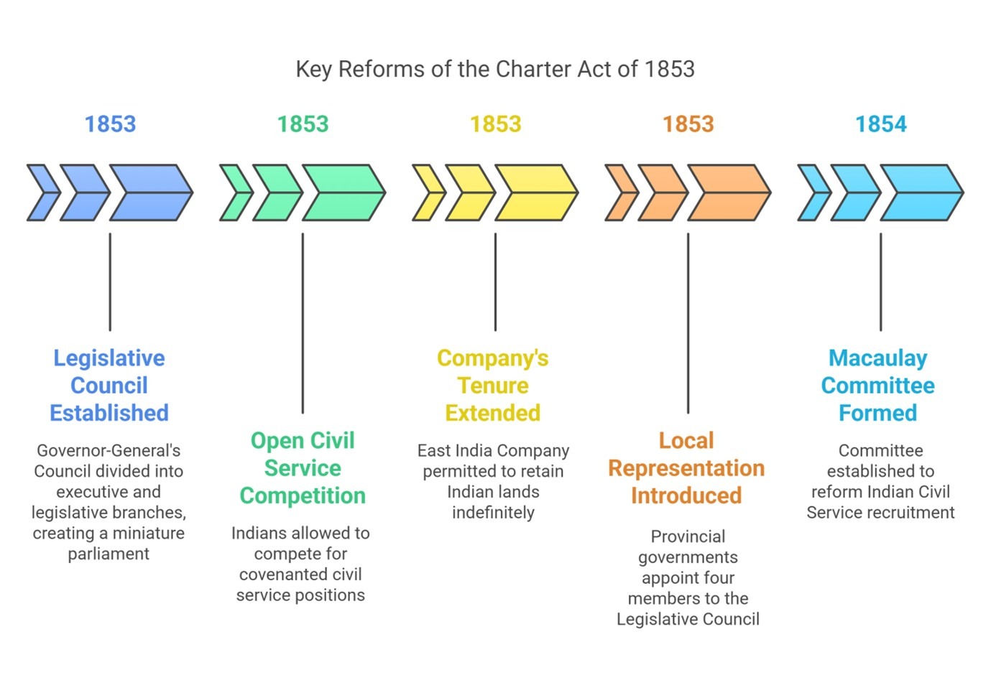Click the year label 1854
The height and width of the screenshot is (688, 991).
pyautogui.click(x=881, y=124)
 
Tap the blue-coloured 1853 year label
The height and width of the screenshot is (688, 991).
pyautogui.click(x=110, y=124)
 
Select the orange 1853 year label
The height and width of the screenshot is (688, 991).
pyautogui.click(x=688, y=124)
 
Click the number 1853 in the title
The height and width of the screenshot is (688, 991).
pyautogui.click(x=669, y=69)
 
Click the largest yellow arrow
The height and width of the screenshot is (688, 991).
pyautogui.click(x=537, y=192)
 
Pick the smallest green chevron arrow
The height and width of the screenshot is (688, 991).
pyautogui.click(x=236, y=192)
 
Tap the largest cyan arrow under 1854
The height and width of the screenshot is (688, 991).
pyautogui.click(x=922, y=192)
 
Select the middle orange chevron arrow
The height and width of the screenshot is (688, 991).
pyautogui.click(x=663, y=192)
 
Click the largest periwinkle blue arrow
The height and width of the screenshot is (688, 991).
pyautogui.click(x=152, y=192)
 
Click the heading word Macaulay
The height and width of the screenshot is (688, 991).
pyautogui.click(x=877, y=358)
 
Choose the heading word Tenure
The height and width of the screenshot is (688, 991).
pyautogui.click(x=493, y=386)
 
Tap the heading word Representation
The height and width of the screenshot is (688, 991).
pyautogui.click(x=686, y=469)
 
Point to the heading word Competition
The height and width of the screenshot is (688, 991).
pyautogui.click(x=303, y=496)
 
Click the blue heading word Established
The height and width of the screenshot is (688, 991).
pyautogui.click(x=109, y=413)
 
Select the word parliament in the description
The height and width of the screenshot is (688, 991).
pyautogui.click(x=109, y=554)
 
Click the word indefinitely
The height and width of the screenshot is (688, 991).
pyautogui.click(x=493, y=513)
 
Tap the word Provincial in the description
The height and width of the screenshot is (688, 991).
pyautogui.click(x=688, y=536)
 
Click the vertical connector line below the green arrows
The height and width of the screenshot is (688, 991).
pyautogui.click(x=303, y=323)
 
